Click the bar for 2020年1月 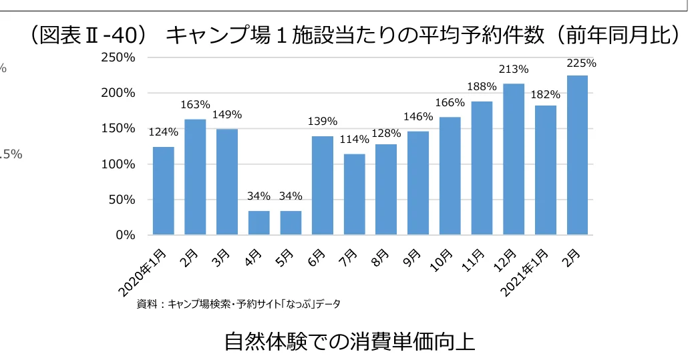163,191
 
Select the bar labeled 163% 195,177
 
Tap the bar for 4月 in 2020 258,223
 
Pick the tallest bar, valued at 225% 577,155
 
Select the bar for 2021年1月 545,170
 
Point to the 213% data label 513,69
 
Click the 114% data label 354,140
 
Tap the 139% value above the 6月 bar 322,122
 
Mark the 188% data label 482,86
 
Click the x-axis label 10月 444,260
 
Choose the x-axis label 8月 383,257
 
